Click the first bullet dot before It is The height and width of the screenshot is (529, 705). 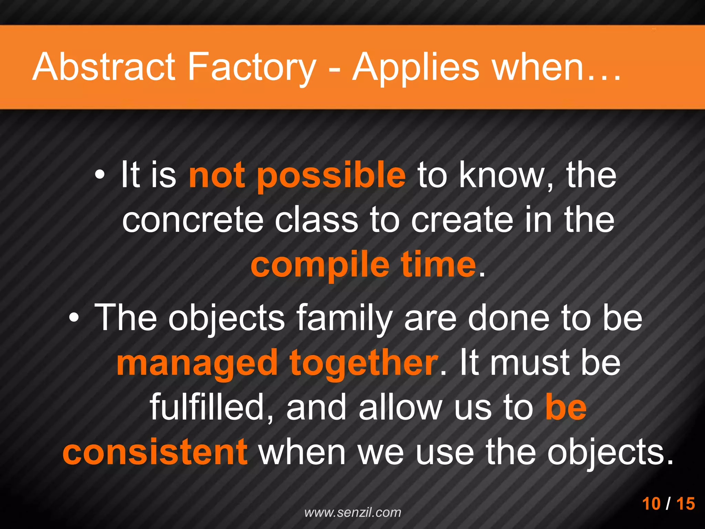point(99,177)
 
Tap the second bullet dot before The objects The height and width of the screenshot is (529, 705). point(73,319)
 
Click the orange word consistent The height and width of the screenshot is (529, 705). point(155,452)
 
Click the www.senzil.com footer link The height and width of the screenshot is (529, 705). point(352,512)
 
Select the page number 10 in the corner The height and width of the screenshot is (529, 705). point(651,504)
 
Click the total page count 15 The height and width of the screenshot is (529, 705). point(685,504)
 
